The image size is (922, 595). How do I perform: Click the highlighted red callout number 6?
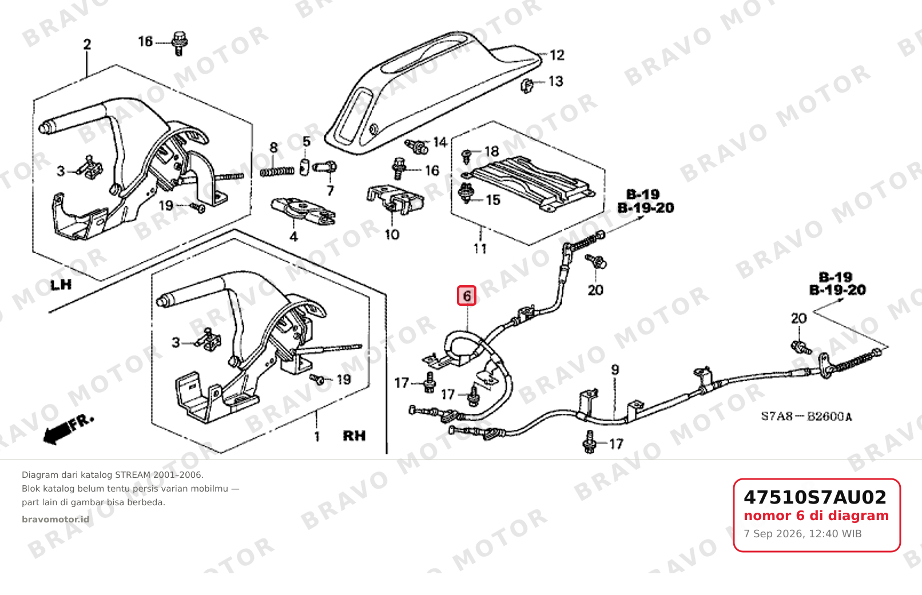(x=467, y=295)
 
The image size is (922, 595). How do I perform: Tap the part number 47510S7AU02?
(x=815, y=497)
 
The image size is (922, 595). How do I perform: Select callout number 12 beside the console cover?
(x=557, y=55)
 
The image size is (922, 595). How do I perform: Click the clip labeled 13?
(x=527, y=86)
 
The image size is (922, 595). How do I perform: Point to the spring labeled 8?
(x=277, y=171)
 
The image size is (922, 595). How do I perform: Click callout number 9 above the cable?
(x=615, y=370)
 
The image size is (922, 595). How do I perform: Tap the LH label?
(x=61, y=285)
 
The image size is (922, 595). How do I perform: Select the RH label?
(x=355, y=436)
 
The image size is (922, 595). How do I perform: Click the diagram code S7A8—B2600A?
(x=806, y=417)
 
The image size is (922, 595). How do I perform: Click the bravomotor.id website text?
(x=55, y=520)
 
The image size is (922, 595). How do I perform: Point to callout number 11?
(x=480, y=249)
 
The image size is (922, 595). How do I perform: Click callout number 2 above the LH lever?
(x=87, y=45)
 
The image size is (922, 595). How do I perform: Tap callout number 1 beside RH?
(x=316, y=437)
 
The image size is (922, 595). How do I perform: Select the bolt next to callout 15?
(x=466, y=193)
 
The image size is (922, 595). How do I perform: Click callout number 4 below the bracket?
(x=293, y=237)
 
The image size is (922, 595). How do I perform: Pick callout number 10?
(x=392, y=235)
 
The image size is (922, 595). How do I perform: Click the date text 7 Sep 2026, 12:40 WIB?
(x=802, y=534)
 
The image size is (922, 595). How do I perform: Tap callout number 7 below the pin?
(x=330, y=191)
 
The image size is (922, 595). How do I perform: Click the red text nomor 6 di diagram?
(x=816, y=516)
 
